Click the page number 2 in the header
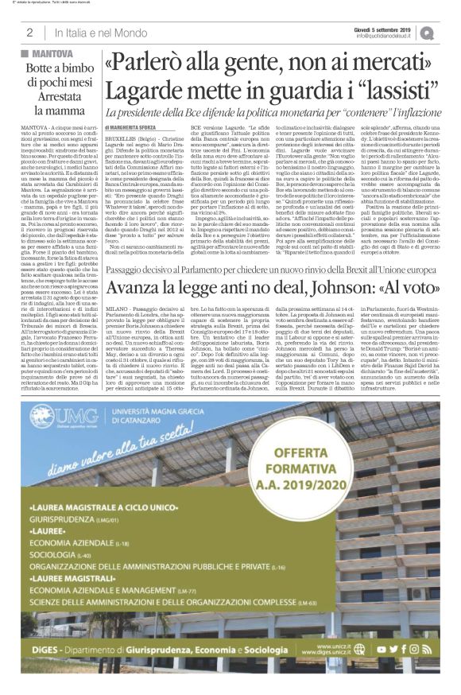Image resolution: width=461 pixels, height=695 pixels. click(x=29, y=33)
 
